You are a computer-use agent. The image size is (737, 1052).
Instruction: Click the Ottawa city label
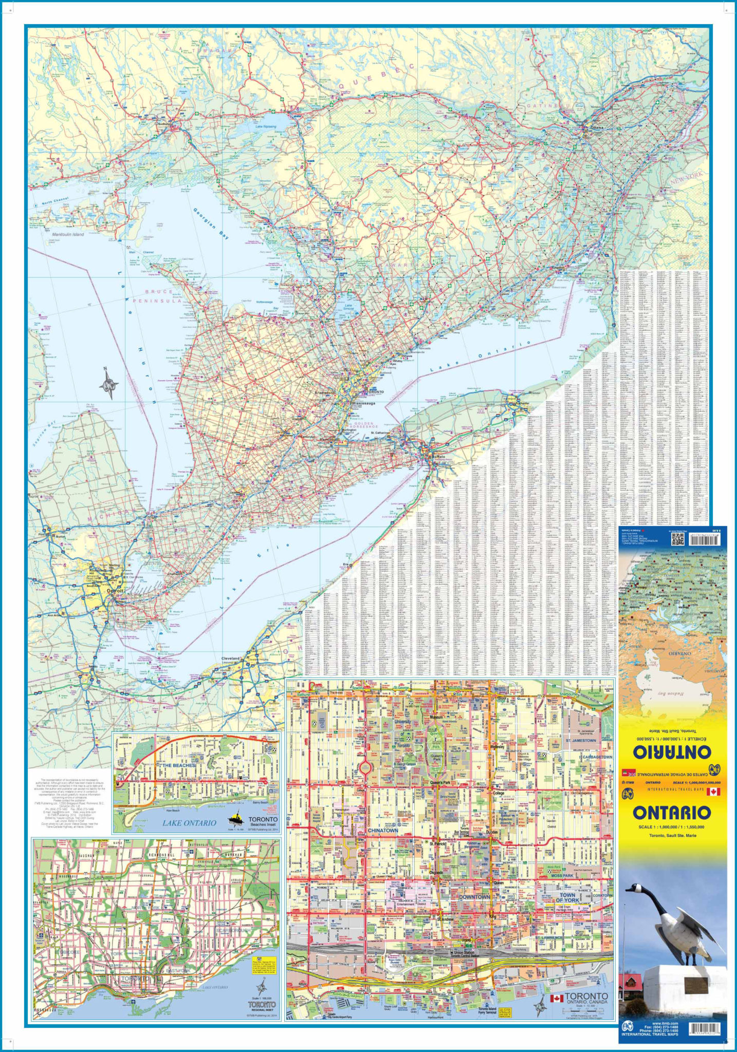(597, 127)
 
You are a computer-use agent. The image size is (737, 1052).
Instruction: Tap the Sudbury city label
(163, 124)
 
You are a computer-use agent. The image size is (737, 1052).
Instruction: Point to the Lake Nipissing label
(266, 126)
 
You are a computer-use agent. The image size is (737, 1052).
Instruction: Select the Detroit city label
(115, 591)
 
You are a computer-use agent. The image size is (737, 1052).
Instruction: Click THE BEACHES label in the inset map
(179, 765)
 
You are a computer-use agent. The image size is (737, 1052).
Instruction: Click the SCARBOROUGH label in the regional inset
(234, 930)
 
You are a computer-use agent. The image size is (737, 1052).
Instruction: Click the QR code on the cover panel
(678, 539)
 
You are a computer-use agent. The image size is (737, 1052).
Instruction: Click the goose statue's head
(634, 888)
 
